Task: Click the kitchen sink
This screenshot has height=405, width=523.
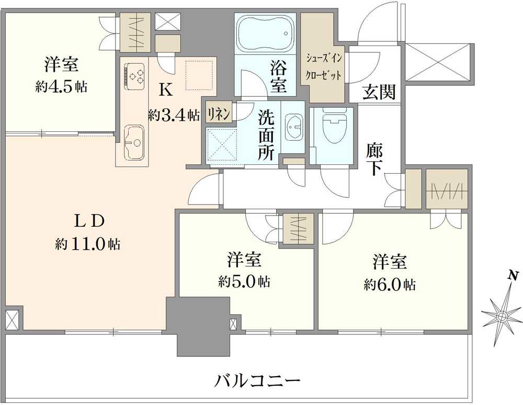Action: [x=134, y=142]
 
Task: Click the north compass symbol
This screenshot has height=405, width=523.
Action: [x=502, y=316]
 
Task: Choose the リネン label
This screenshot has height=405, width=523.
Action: [x=217, y=114]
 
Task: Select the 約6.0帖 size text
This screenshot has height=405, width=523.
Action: [x=390, y=285]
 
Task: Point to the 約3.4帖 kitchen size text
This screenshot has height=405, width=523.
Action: [x=174, y=115]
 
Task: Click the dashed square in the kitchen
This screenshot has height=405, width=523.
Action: [x=199, y=74]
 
